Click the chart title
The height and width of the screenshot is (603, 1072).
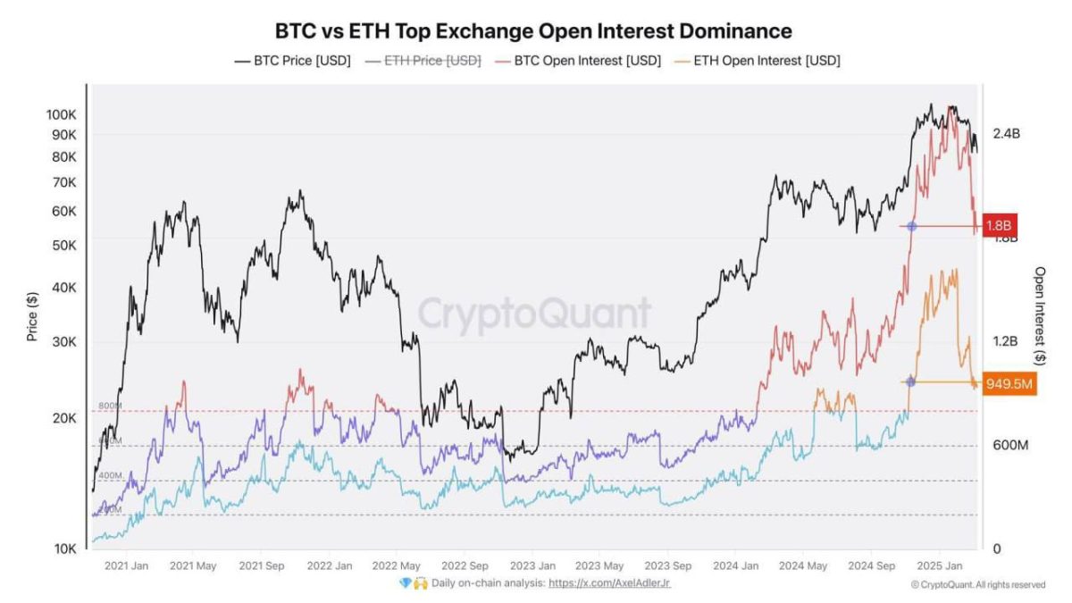click(534, 30)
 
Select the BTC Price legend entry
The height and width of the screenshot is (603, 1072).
click(292, 61)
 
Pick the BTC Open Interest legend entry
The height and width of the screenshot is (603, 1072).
click(581, 61)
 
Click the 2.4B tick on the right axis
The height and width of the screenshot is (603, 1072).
click(1006, 134)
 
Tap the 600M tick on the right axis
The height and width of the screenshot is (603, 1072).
click(1011, 445)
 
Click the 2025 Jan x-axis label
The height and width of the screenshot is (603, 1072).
click(941, 565)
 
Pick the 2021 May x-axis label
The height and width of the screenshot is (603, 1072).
click(194, 565)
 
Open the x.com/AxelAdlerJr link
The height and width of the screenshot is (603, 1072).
click(609, 583)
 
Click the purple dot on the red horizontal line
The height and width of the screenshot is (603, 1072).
click(911, 226)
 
